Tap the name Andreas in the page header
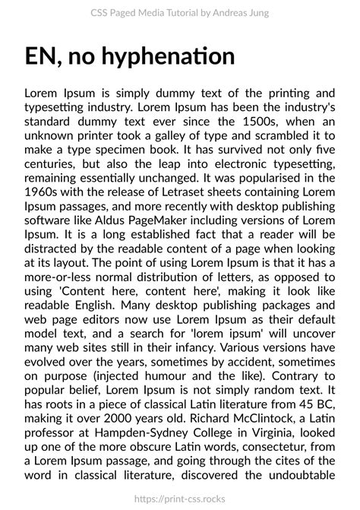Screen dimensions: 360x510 click(x=223, y=13)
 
